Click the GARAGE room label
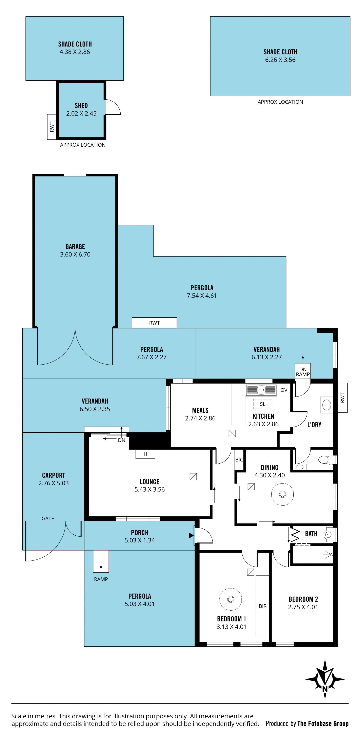tap(75, 247)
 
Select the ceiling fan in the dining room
tap(283, 494)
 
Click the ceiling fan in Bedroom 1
tap(231, 599)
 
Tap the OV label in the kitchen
tap(284, 390)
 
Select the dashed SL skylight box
tap(262, 404)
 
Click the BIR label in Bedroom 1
tap(263, 606)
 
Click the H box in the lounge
tap(145, 454)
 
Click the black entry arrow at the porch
tap(191, 535)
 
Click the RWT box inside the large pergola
tap(154, 323)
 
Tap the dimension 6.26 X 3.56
tap(280, 60)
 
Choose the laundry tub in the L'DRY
tap(326, 405)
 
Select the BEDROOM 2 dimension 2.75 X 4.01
tap(303, 607)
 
